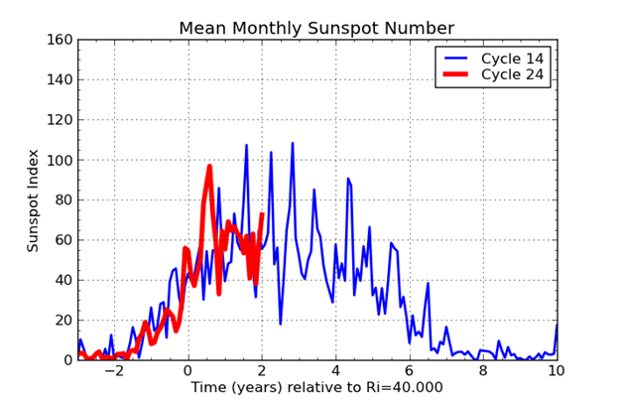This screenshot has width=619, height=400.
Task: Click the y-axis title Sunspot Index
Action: coord(33,200)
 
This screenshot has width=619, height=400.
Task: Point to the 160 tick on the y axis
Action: coord(61,41)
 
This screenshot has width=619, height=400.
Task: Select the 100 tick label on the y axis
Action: coord(61,161)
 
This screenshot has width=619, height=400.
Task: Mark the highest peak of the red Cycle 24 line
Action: coord(209,167)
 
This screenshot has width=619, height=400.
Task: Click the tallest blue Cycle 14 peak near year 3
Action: coord(292,143)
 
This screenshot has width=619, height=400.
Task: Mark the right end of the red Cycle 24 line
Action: coord(262,214)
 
